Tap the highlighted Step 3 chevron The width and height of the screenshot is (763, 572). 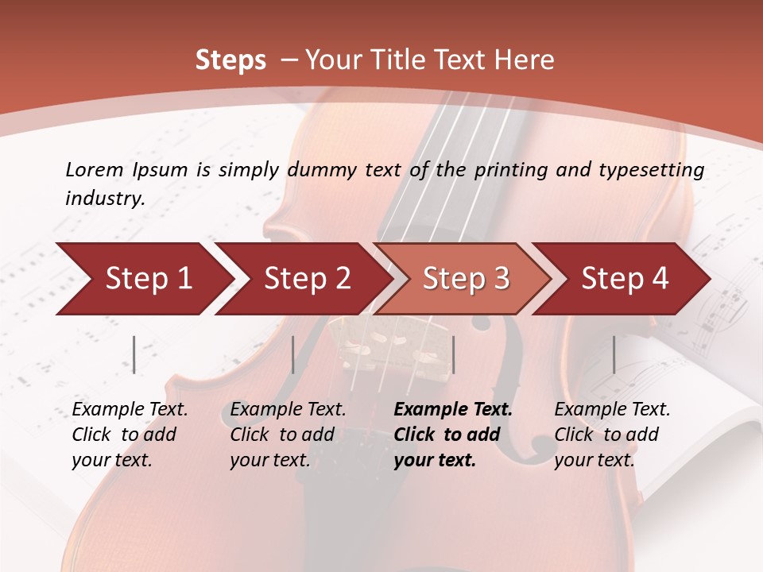pyautogui.click(x=463, y=279)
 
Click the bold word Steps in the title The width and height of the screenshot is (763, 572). pyautogui.click(x=230, y=60)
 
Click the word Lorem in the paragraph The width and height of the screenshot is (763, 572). pyautogui.click(x=94, y=169)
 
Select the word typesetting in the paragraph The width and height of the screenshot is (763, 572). pyautogui.click(x=655, y=170)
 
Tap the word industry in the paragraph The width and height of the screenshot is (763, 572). pyautogui.click(x=104, y=199)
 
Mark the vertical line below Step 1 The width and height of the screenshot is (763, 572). pyautogui.click(x=134, y=354)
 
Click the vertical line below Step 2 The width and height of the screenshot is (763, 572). pyautogui.click(x=293, y=354)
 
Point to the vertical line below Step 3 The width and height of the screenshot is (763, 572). pyautogui.click(x=453, y=354)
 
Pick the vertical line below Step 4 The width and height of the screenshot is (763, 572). pyautogui.click(x=614, y=354)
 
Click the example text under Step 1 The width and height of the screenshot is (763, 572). pyautogui.click(x=129, y=435)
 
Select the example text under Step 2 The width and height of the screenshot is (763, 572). pyautogui.click(x=287, y=435)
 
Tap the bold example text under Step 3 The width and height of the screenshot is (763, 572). pyautogui.click(x=452, y=435)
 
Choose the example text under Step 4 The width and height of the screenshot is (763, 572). pyautogui.click(x=611, y=435)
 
